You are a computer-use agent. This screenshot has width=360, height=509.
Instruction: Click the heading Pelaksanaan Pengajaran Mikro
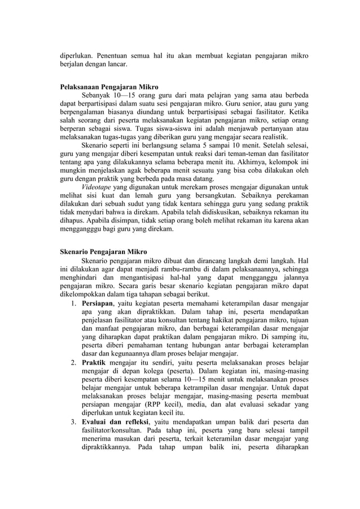tap(109, 87)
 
